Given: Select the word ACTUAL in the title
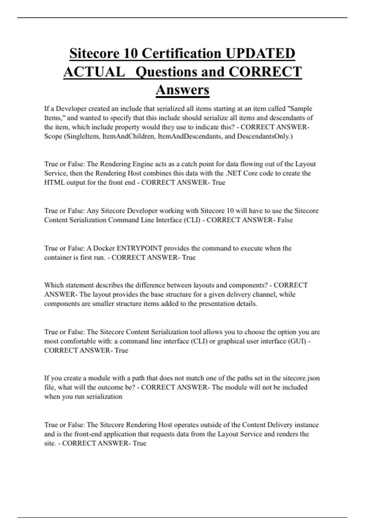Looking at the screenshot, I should coord(94,72).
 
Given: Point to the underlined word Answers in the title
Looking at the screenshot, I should coord(182,90).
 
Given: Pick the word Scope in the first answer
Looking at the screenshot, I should coord(53,136).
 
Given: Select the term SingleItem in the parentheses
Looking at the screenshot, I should coord(82,136).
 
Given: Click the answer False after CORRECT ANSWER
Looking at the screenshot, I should coord(285,220).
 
